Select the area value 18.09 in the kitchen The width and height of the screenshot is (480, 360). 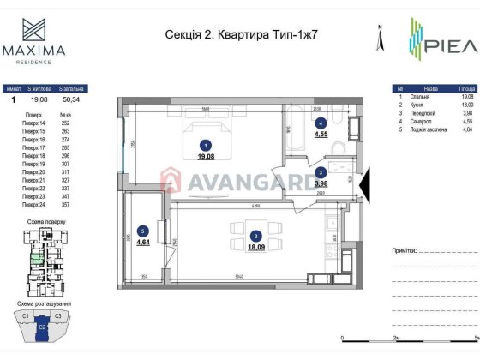point(255,247)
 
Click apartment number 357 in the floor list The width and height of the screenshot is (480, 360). point(64,205)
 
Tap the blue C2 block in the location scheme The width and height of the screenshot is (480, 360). point(43,327)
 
